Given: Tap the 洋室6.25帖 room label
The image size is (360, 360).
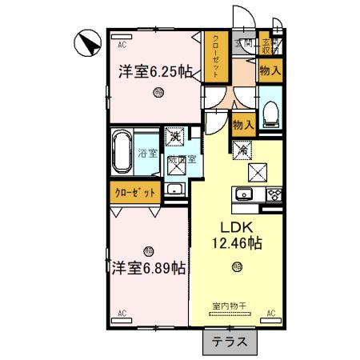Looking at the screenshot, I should tap(155, 71).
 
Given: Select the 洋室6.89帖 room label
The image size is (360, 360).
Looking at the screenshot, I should tap(148, 268).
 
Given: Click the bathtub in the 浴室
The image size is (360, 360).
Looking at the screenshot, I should tap(122, 150).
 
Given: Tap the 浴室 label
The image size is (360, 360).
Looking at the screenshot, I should tap(147, 152).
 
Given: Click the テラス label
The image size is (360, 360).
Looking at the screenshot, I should tap(230, 342).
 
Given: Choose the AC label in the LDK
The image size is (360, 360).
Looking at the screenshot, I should tap(270, 312).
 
